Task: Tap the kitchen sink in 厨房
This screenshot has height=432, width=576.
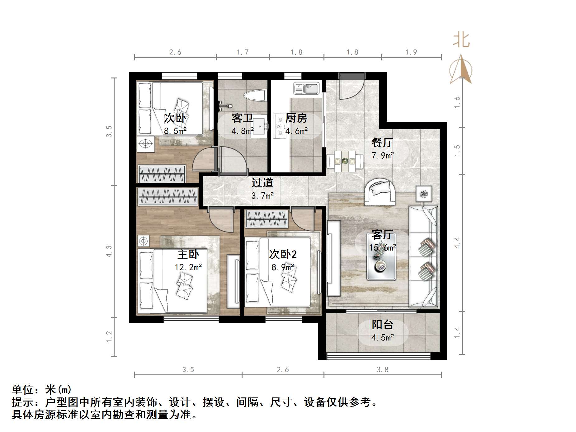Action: pyautogui.click(x=306, y=88)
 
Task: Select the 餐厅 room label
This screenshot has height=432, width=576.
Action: pyautogui.click(x=382, y=143)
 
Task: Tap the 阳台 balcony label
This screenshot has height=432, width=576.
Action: pyautogui.click(x=382, y=325)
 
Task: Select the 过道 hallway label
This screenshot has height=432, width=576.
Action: pyautogui.click(x=262, y=183)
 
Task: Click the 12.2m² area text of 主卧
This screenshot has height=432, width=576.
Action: pyautogui.click(x=188, y=267)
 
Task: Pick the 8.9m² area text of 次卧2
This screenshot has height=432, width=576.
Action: pyautogui.click(x=283, y=267)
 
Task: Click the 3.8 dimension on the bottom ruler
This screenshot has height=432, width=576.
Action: pyautogui.click(x=382, y=369)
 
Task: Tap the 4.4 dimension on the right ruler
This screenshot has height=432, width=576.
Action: pyautogui.click(x=457, y=243)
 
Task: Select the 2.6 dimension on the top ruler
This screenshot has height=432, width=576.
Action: pyautogui.click(x=175, y=52)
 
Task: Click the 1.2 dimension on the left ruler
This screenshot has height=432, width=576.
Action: pyautogui.click(x=109, y=337)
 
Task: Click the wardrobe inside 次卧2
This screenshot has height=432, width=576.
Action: pyautogui.click(x=267, y=218)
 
